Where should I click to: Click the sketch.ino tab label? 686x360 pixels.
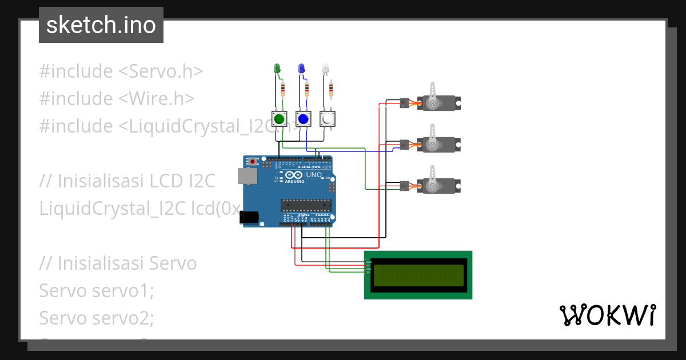[x=101, y=25]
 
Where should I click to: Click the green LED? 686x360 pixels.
[x=277, y=69]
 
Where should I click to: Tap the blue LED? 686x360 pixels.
[x=301, y=69]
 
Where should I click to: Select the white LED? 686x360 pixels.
[x=325, y=69]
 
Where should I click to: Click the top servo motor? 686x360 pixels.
[x=438, y=103]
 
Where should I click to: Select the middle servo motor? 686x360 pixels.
[x=438, y=144]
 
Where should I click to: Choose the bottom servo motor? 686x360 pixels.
[x=438, y=185]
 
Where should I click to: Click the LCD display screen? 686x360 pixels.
[x=418, y=275]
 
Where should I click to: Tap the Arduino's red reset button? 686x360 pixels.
[x=253, y=162]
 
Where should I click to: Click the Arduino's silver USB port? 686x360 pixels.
[x=248, y=177]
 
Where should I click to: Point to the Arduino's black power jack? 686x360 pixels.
[x=249, y=217]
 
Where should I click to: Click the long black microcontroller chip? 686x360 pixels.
[x=305, y=205]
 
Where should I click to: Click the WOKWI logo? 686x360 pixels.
[x=607, y=315]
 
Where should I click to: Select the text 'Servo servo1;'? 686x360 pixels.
[x=97, y=291]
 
